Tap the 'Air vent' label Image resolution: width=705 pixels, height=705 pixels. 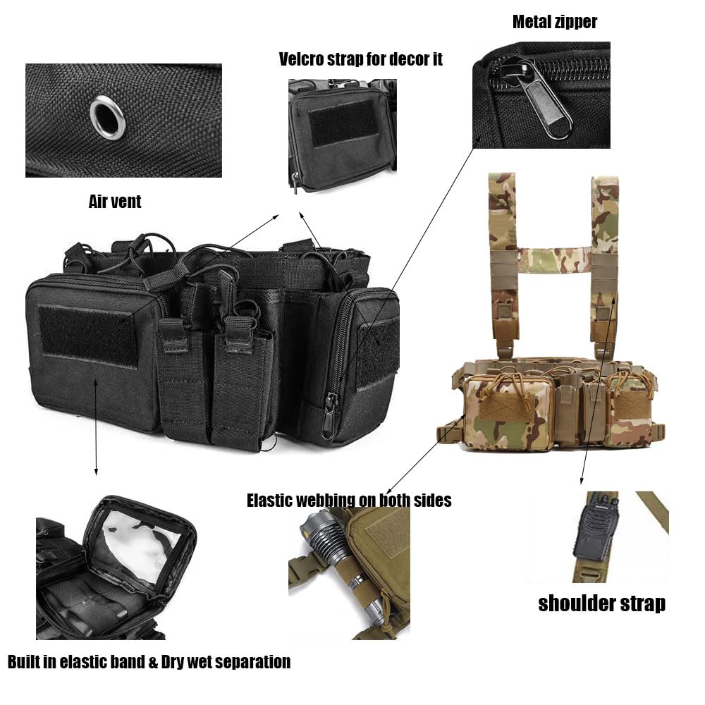[115, 202]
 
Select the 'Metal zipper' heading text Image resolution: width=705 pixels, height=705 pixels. [555, 22]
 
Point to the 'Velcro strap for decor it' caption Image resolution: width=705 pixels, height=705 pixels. [360, 59]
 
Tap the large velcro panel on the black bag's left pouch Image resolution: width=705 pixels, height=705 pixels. [88, 336]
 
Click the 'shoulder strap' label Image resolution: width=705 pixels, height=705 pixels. [601, 604]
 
